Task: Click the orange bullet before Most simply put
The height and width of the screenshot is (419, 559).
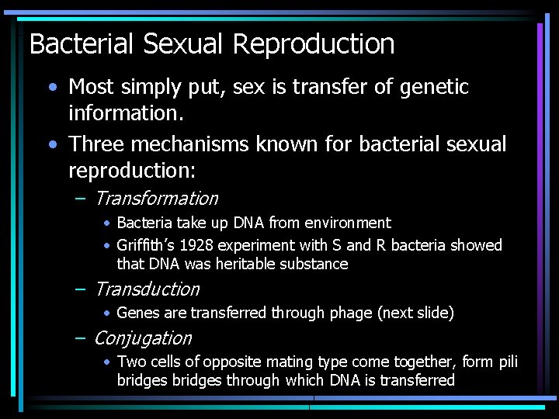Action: pyautogui.click(x=51, y=87)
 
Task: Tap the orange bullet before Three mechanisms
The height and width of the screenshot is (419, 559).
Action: pyautogui.click(x=51, y=144)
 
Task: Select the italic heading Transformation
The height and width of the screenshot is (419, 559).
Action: pyautogui.click(x=155, y=199)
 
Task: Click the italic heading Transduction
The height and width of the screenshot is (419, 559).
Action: pyautogui.click(x=146, y=289)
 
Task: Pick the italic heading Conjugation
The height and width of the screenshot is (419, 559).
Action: pyautogui.click(x=142, y=338)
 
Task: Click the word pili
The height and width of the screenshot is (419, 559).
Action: pyautogui.click(x=508, y=362)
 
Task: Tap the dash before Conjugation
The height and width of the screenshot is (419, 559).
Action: pyautogui.click(x=81, y=338)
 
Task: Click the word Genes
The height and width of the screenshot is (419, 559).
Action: pyautogui.click(x=138, y=313)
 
